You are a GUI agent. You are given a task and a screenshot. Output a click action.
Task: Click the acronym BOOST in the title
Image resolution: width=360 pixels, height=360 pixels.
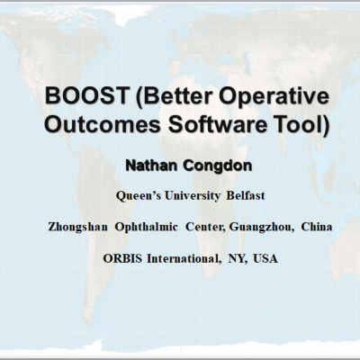point(86,96)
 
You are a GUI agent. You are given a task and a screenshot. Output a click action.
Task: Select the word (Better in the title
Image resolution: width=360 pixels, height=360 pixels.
point(174,97)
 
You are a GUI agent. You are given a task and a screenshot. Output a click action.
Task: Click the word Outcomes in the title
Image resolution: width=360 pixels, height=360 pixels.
point(103,124)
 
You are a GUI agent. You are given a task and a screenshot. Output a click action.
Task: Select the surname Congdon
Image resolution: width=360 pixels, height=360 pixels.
point(218,166)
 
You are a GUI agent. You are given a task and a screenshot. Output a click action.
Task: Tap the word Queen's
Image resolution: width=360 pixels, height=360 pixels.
point(138,196)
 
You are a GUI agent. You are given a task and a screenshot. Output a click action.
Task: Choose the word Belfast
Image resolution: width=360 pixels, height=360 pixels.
point(246,196)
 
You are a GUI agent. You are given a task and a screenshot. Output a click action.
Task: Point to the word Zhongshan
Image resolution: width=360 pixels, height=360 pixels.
point(77,228)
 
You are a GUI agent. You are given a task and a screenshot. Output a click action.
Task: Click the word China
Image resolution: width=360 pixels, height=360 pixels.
point(317,227)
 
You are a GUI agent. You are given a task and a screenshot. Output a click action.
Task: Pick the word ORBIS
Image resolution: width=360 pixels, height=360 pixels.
point(122,258)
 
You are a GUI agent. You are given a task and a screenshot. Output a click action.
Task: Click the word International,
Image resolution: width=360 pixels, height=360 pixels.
point(183,259)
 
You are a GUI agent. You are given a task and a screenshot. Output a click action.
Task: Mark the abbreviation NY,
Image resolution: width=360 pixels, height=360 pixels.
point(238,259)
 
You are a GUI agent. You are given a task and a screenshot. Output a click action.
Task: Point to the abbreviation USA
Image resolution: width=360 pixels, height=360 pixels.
point(265,258)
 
